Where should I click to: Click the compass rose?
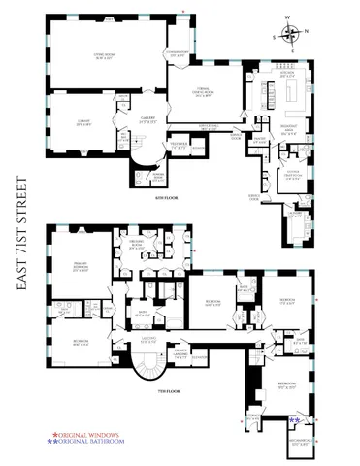coord(292,35)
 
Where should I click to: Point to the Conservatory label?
coord(179,54)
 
